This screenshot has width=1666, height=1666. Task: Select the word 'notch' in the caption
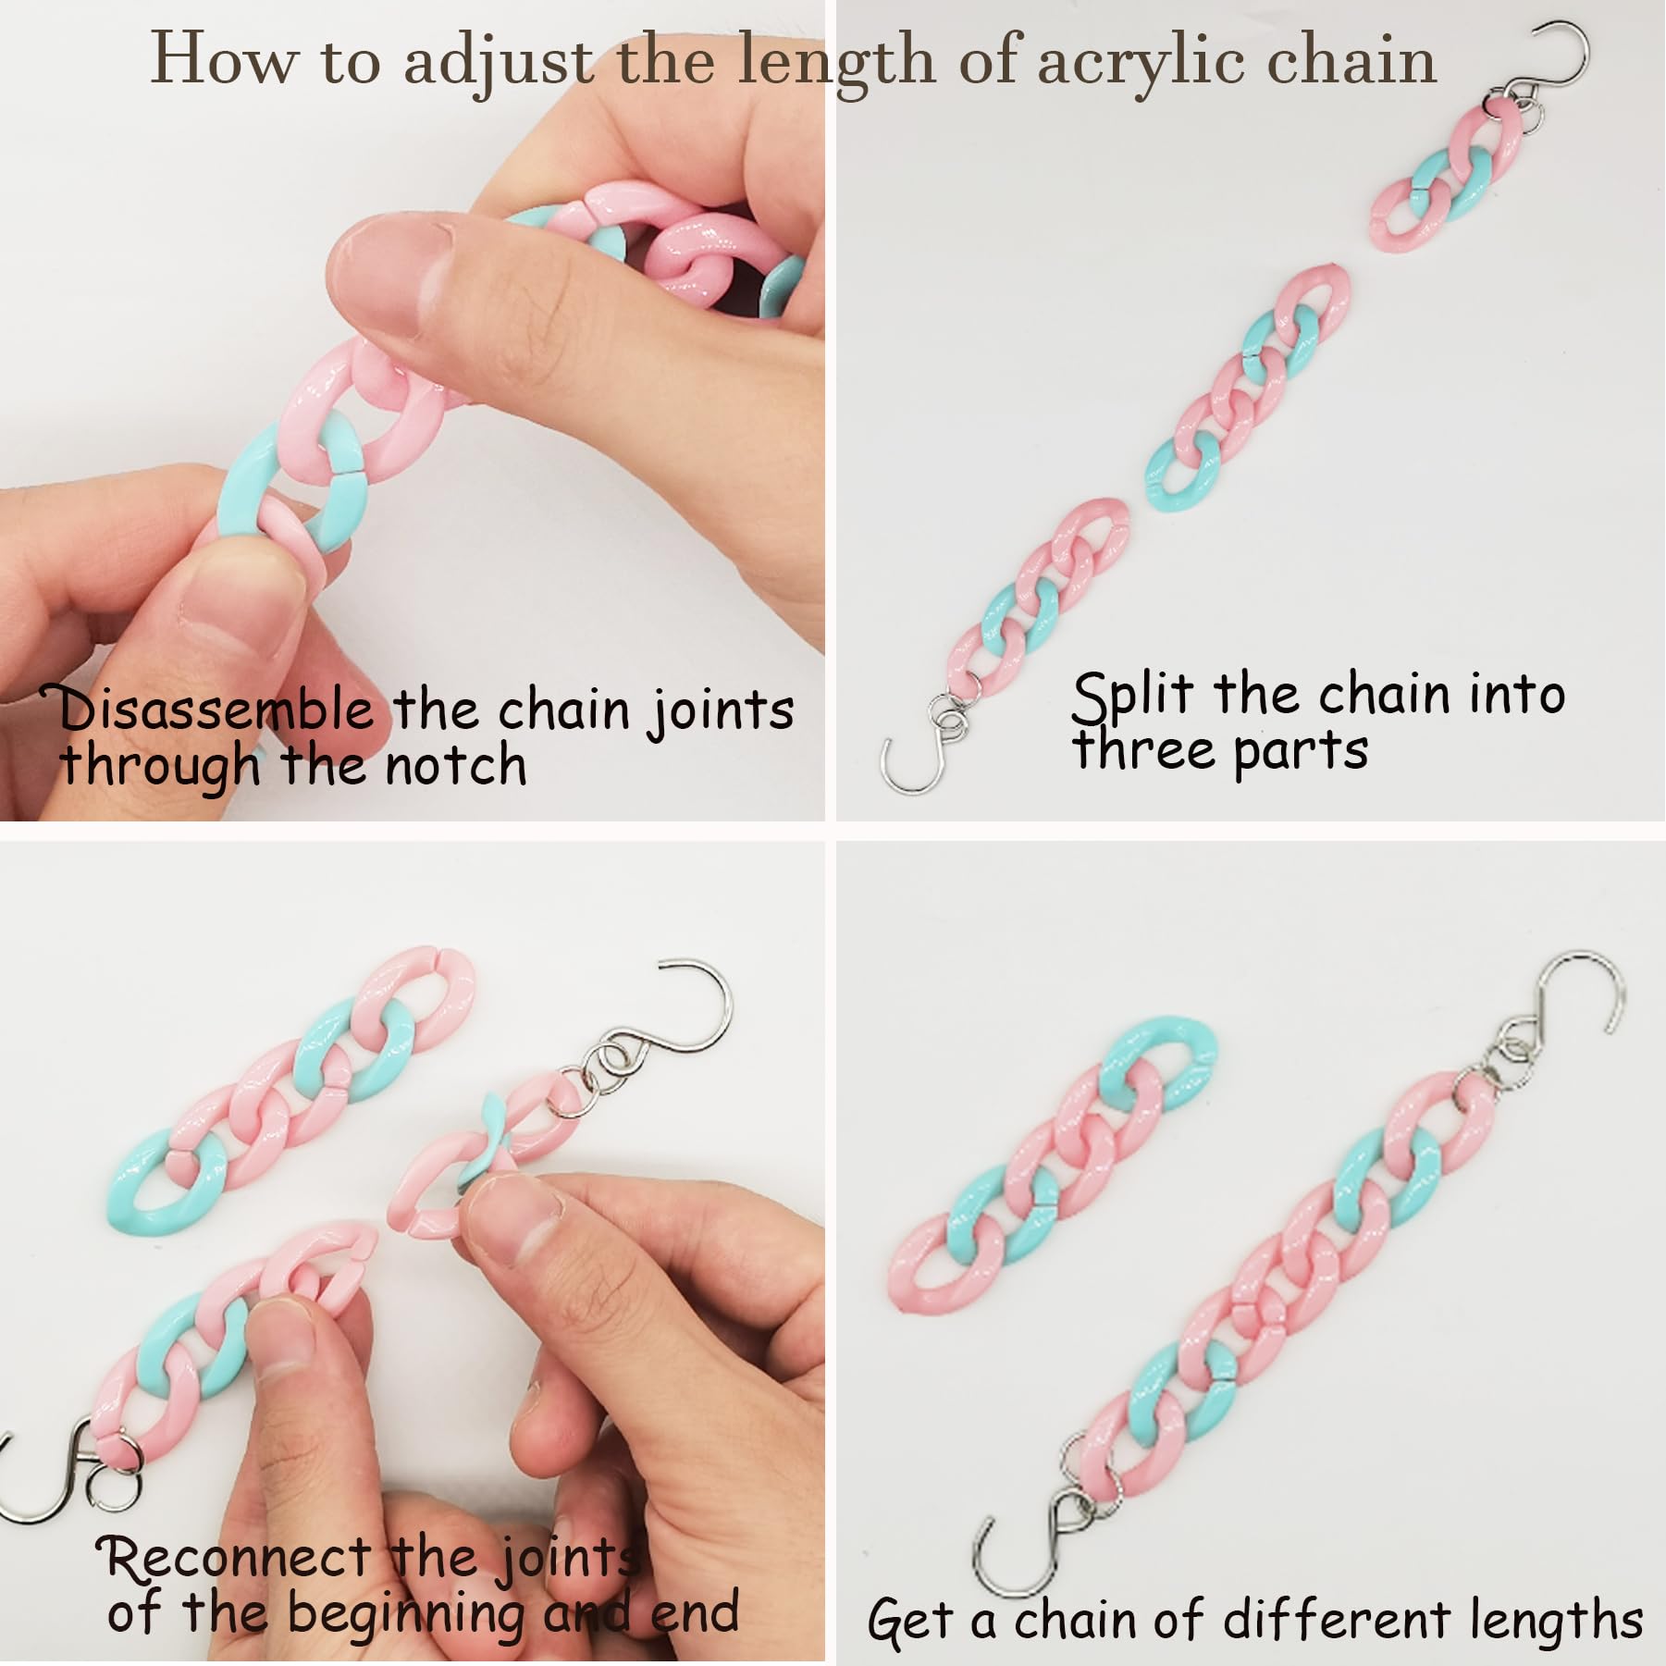pyautogui.click(x=456, y=766)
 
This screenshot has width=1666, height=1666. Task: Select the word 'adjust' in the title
pyautogui.click(x=500, y=61)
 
